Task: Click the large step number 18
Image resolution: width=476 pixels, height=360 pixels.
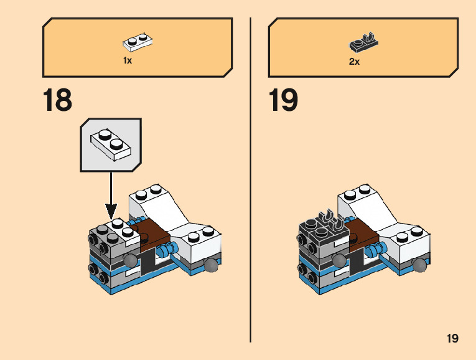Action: (x=57, y=100)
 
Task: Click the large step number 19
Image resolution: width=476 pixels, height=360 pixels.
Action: (x=283, y=100)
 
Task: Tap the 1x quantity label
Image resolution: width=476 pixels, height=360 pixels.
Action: (x=128, y=61)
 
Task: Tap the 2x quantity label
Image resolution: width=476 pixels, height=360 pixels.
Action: (x=354, y=62)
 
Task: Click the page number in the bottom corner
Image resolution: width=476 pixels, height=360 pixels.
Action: (x=452, y=339)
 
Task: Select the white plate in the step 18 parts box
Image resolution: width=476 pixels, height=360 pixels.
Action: (x=139, y=42)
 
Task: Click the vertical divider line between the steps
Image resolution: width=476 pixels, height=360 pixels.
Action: (x=250, y=181)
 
